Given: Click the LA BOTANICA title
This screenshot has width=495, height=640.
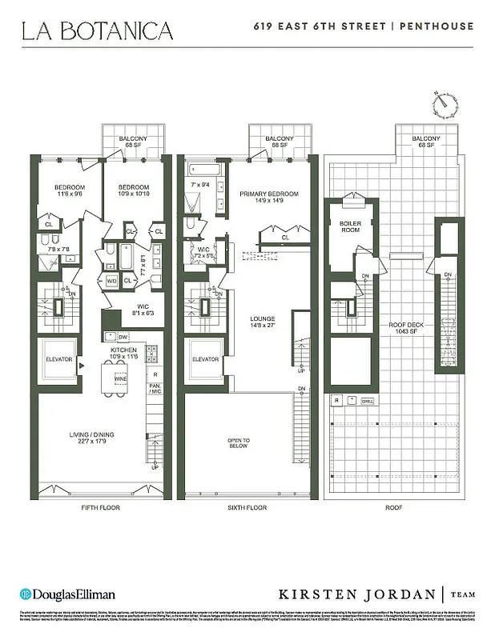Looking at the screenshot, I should point(97,31).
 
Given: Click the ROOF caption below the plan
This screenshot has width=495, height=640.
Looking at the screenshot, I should point(394,508).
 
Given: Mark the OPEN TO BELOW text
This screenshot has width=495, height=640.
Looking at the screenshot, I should point(239,443).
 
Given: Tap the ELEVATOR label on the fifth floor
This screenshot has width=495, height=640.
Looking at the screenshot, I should point(58,359).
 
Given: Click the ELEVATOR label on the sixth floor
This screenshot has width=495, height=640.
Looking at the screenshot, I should point(206,359).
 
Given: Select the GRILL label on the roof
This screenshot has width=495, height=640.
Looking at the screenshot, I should point(368,401).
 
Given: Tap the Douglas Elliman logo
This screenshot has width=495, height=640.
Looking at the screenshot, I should point(67,594).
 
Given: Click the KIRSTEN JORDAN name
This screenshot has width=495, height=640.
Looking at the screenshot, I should point(358,594).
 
